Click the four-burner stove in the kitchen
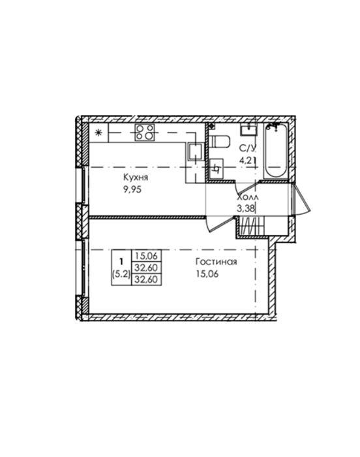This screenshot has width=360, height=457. pyautogui.click(x=145, y=133)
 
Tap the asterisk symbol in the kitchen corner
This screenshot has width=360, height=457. pyautogui.click(x=99, y=133)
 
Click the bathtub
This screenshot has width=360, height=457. pyautogui.click(x=275, y=151)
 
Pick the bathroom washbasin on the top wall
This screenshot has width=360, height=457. pyautogui.click(x=248, y=129)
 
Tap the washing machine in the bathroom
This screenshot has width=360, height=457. pyautogui.click(x=216, y=168)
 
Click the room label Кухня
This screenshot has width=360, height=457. pyautogui.click(x=136, y=177)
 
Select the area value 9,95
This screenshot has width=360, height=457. pyautogui.click(x=132, y=189)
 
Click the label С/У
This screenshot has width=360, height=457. pyautogui.click(x=247, y=148)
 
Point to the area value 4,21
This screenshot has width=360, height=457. pyautogui.click(x=247, y=161)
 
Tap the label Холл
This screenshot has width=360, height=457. pyautogui.click(x=248, y=197)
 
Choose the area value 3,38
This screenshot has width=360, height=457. pyautogui.click(x=246, y=208)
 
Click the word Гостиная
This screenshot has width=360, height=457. pyautogui.click(x=217, y=262)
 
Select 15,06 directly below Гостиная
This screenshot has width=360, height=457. pyautogui.click(x=207, y=274)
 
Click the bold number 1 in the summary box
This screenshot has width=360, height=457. pyautogui.click(x=121, y=260)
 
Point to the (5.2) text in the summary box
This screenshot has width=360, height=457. pyautogui.click(x=121, y=274)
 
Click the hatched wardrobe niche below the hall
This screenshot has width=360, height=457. pyautogui.click(x=252, y=226)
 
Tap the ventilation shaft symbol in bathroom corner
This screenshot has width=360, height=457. pyautogui.click(x=212, y=126)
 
